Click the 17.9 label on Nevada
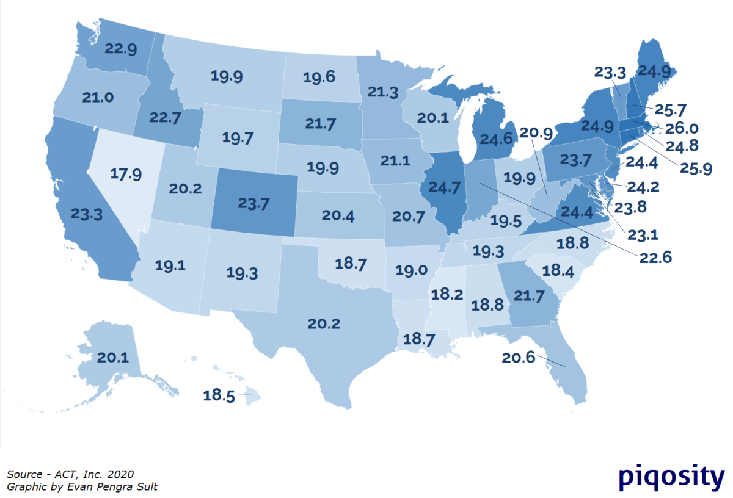point(127,173)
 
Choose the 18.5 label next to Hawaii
point(219,395)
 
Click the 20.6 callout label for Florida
point(518,358)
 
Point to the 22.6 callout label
point(655,258)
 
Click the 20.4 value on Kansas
point(337,215)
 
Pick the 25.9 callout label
point(695,168)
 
